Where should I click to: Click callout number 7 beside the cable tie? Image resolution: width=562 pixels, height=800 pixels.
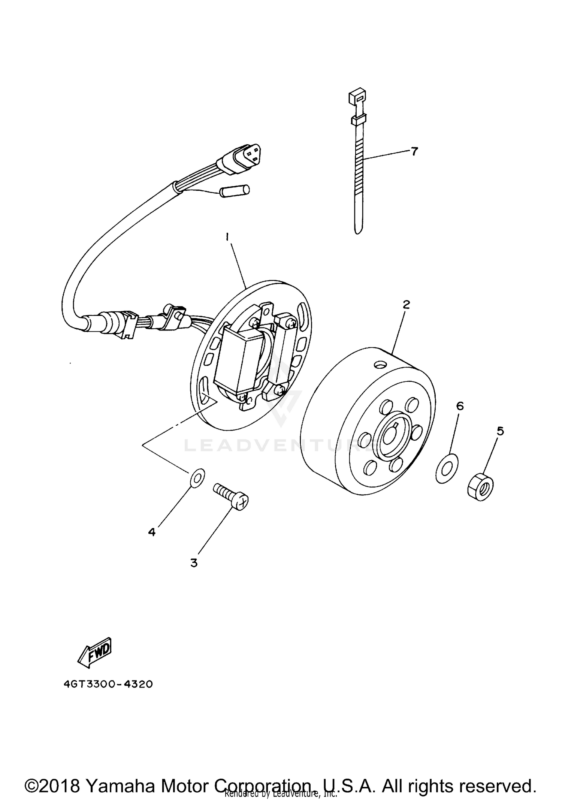pyautogui.click(x=414, y=151)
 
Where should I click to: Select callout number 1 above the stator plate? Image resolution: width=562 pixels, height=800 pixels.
pyautogui.click(x=227, y=237)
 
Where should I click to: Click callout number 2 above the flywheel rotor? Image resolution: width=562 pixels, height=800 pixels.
pyautogui.click(x=406, y=304)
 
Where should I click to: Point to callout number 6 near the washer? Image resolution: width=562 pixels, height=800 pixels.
pyautogui.click(x=460, y=405)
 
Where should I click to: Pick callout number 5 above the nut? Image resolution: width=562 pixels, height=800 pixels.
pyautogui.click(x=500, y=431)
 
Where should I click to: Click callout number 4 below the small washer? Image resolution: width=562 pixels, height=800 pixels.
pyautogui.click(x=152, y=532)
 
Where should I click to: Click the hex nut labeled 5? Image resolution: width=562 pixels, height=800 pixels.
pyautogui.click(x=481, y=487)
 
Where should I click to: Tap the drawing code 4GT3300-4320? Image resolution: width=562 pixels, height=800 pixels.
pyautogui.click(x=108, y=684)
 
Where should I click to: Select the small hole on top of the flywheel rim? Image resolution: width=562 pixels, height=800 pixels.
pyautogui.click(x=381, y=364)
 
